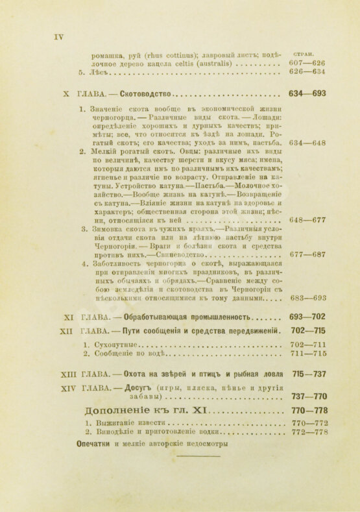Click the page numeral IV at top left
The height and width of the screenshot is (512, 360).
(x=58, y=37)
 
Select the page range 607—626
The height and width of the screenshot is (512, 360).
(x=307, y=64)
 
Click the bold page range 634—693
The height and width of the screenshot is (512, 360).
(x=307, y=93)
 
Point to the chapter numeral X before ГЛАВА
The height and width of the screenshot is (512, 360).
(x=66, y=93)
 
